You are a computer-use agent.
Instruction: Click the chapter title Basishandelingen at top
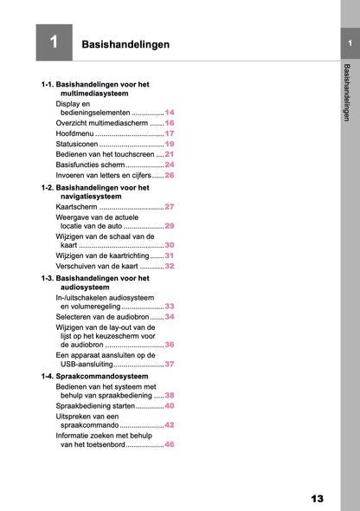[x=125, y=44]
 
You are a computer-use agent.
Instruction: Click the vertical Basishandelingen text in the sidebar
[x=348, y=92]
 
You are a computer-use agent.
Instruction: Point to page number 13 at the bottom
[x=317, y=498]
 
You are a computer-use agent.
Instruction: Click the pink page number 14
[x=170, y=113]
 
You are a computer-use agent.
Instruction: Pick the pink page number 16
[x=170, y=124]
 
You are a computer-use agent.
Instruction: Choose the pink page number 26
[x=170, y=175]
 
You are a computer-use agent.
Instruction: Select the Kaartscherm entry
[x=76, y=208]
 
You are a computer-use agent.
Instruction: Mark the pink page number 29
[x=170, y=225]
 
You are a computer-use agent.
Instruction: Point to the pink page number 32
[x=170, y=267]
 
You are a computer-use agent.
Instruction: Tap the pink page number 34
[x=170, y=317]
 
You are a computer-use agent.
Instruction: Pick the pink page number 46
[x=170, y=444]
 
